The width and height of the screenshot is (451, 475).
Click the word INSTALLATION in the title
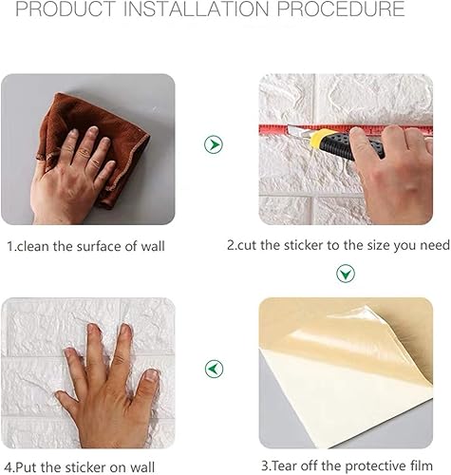pos(196,9)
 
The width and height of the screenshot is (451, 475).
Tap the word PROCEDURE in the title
pos(341,9)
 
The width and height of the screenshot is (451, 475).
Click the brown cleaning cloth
pos(96,142)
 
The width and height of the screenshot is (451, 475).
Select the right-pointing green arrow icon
pos(214,144)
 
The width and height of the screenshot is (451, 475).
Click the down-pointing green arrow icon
pos(346,274)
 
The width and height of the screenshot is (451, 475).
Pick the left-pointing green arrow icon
pos(214,369)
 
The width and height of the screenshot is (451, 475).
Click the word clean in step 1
pos(32,246)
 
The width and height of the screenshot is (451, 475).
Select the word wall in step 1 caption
pos(153,246)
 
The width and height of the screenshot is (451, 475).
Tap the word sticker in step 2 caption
pos(303,245)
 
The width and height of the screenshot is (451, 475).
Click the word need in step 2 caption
pos(435,245)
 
